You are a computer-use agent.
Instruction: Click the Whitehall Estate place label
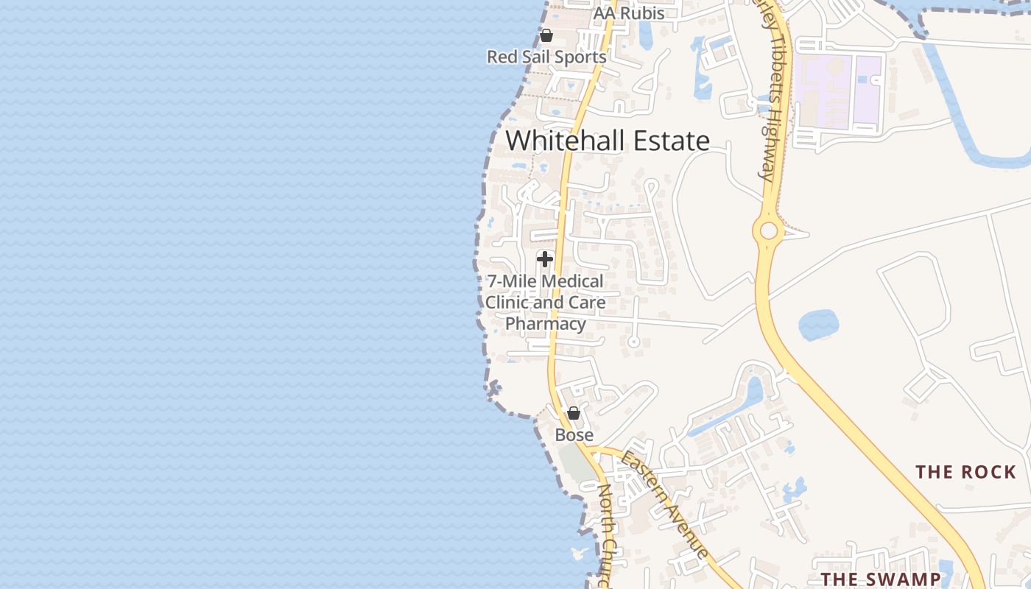608,141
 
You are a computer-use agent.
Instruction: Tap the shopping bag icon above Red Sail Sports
546,35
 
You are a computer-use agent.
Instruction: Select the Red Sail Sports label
546,57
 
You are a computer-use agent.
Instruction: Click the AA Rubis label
629,13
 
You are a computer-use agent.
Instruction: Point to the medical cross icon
545,259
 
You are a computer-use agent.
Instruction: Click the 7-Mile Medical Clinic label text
545,292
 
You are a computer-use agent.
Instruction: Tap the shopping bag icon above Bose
574,413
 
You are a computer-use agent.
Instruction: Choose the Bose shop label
574,435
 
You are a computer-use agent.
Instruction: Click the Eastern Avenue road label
666,505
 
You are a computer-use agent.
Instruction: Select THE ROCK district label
965,472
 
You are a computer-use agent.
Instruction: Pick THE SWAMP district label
881,579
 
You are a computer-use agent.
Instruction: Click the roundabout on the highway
769,231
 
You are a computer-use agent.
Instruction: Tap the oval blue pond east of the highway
818,325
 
